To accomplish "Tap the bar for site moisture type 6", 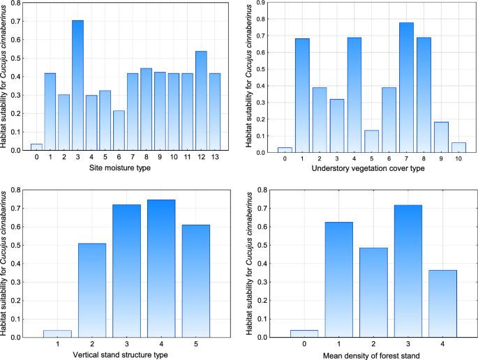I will click(119, 130).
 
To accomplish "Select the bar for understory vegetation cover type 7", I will click(406, 87).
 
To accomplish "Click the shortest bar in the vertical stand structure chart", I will click(57, 333).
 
